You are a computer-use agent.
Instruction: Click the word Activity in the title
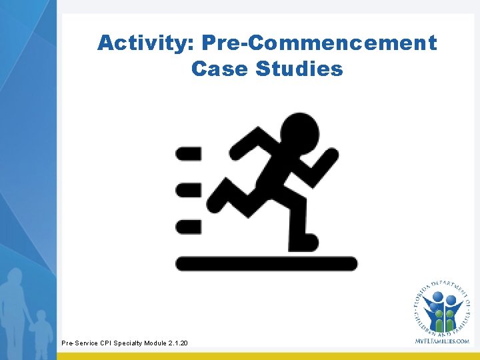(143, 43)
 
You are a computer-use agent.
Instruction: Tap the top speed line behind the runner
(188, 154)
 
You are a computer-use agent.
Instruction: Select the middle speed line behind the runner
(188, 190)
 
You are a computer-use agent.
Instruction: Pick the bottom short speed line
(188, 227)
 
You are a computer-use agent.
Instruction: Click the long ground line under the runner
(266, 263)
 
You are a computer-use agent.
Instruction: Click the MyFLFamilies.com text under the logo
(441, 341)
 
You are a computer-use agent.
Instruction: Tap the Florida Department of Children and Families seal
(441, 307)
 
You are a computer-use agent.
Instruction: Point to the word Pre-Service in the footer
(78, 343)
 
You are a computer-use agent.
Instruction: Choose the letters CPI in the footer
(104, 343)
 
